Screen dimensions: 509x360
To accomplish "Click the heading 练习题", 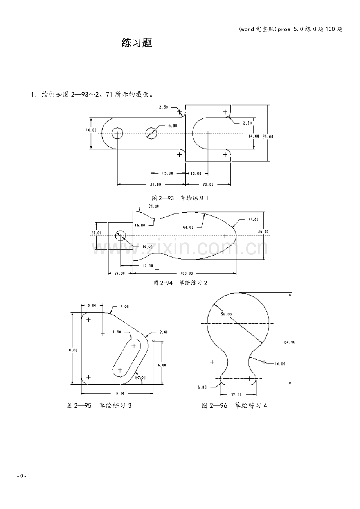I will [137, 43].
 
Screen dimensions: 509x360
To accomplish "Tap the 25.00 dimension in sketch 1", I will [268, 136].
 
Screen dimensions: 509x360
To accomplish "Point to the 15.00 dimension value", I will [167, 173].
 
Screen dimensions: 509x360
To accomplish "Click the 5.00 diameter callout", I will [173, 126].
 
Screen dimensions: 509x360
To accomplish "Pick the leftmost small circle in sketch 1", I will [117, 133].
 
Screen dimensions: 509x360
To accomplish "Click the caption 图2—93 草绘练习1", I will [180, 198].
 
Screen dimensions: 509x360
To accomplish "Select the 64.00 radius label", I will [188, 227].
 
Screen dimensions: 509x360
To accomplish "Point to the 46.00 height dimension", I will [263, 231].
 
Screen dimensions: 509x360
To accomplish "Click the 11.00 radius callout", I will [253, 220].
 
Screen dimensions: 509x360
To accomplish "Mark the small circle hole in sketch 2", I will [121, 235].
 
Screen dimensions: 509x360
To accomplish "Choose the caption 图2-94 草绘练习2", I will [180, 283].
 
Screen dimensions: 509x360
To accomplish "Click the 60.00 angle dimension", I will [140, 378].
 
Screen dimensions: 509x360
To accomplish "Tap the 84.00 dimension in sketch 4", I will [290, 342].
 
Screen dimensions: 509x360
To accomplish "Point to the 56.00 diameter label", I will [226, 314].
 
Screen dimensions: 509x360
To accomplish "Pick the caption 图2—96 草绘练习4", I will [234, 405].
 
